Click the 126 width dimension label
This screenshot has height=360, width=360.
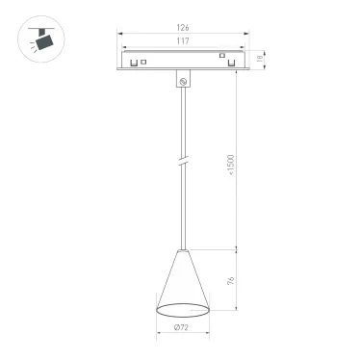pyautogui.click(x=182, y=29)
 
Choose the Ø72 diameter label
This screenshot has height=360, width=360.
pyautogui.click(x=182, y=328)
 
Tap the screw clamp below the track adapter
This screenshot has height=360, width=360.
pyautogui.click(x=182, y=83)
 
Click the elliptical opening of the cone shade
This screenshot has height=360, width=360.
pyautogui.click(x=182, y=309)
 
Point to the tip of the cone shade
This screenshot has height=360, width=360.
pyautogui.click(x=182, y=250)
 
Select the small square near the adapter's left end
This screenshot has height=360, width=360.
pyautogui.click(x=142, y=63)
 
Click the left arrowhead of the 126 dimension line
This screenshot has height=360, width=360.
pyautogui.click(x=120, y=34)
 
